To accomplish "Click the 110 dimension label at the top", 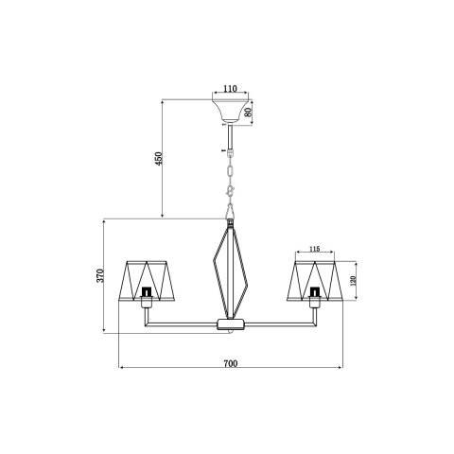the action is click(x=230, y=89).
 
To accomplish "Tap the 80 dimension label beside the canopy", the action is click(x=248, y=113).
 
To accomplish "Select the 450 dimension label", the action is click(x=159, y=159).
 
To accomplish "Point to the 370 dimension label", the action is click(x=100, y=275).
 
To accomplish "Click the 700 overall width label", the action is click(x=231, y=363).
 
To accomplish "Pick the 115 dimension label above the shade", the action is click(x=314, y=249).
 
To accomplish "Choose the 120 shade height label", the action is click(x=353, y=280).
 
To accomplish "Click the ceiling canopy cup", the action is click(x=231, y=111).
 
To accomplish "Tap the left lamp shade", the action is click(x=147, y=281).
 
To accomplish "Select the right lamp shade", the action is click(x=315, y=281).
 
